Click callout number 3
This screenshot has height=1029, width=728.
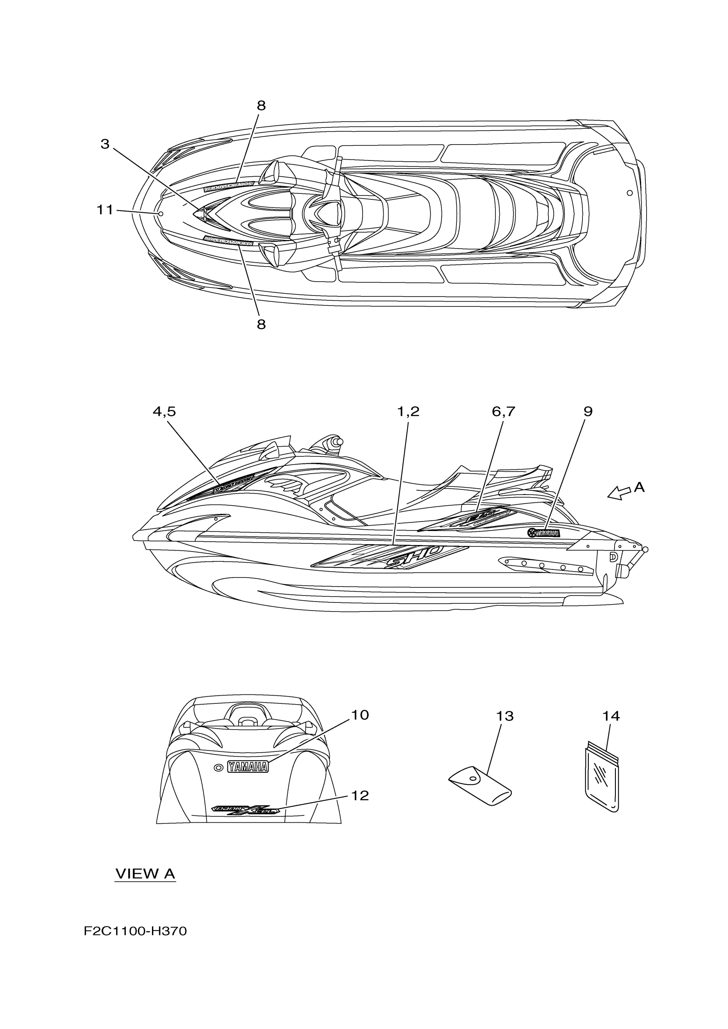point(104,144)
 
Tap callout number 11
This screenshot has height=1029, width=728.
point(105,210)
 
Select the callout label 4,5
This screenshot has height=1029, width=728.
point(164,412)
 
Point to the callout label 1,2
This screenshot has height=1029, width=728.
point(408,412)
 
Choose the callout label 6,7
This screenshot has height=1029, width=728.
point(503,412)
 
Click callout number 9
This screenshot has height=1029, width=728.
point(588,412)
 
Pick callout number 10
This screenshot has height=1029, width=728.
point(359,715)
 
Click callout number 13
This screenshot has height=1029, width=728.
point(504,716)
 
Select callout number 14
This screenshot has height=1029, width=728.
point(611,716)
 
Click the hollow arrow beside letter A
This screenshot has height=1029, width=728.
point(618,493)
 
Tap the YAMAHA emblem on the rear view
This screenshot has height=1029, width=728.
point(248,767)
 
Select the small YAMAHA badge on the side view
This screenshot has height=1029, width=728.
point(544,533)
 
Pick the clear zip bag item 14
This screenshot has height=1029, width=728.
point(603,780)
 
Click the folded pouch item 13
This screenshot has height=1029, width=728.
point(480,789)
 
